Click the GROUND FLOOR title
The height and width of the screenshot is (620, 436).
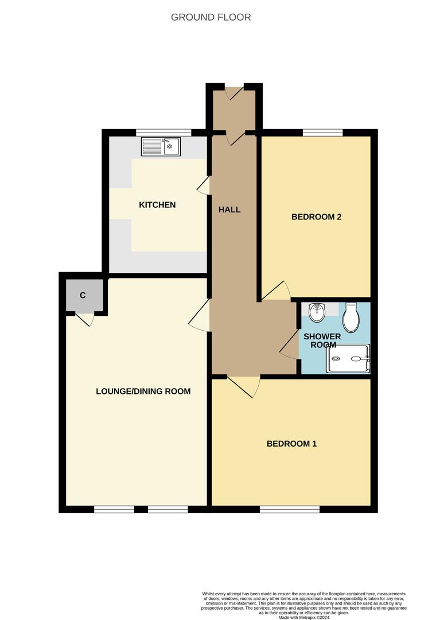[x=211, y=17]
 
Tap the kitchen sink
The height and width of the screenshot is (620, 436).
[x=161, y=146]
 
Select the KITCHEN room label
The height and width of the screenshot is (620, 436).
[x=157, y=205]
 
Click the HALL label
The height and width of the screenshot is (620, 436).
[x=229, y=210]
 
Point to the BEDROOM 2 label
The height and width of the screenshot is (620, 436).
[x=317, y=217]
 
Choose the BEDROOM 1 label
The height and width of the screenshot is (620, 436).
[x=291, y=444]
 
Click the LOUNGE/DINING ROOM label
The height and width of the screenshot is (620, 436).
[x=143, y=392]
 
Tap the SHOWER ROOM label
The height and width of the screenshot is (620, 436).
[x=322, y=340]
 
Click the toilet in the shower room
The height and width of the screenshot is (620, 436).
[x=351, y=317]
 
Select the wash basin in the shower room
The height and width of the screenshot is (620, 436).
[x=316, y=313]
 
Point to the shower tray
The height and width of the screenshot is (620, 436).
[x=348, y=359]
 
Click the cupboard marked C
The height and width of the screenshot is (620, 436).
[x=83, y=295]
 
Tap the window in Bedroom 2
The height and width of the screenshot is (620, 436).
[x=322, y=133]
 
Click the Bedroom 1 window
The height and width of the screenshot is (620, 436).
[x=289, y=509]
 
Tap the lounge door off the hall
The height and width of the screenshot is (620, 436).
[x=200, y=315]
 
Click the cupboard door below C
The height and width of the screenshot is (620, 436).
[x=84, y=319]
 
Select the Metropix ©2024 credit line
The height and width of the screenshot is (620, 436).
[x=303, y=618]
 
